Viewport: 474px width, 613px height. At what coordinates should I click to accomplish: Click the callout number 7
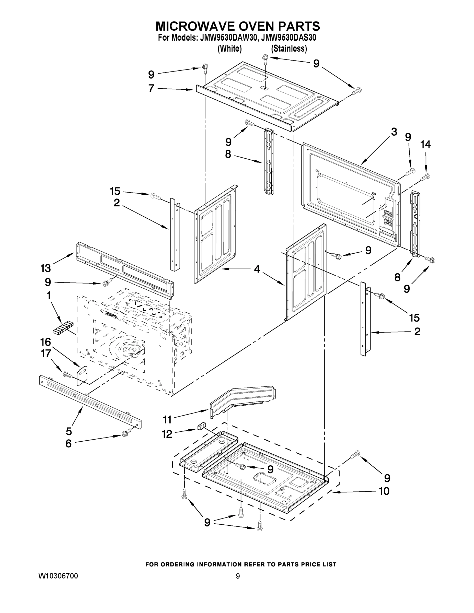point(151,88)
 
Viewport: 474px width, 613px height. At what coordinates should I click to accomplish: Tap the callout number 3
point(394,132)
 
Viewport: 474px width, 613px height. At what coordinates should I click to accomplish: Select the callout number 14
point(425,145)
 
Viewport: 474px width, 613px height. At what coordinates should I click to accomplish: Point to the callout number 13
point(45,268)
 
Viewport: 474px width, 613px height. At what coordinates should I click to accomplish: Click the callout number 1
point(48,295)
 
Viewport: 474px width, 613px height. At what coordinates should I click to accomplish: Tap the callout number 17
point(46,354)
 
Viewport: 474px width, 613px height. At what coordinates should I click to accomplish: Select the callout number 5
point(69,431)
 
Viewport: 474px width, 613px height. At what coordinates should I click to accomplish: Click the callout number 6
point(68,444)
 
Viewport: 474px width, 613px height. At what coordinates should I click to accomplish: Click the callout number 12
point(167,434)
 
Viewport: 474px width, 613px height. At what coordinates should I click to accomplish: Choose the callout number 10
point(384,491)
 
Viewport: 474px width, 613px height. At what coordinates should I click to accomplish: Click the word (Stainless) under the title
point(289,49)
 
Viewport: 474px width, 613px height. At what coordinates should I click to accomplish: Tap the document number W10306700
point(58,576)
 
